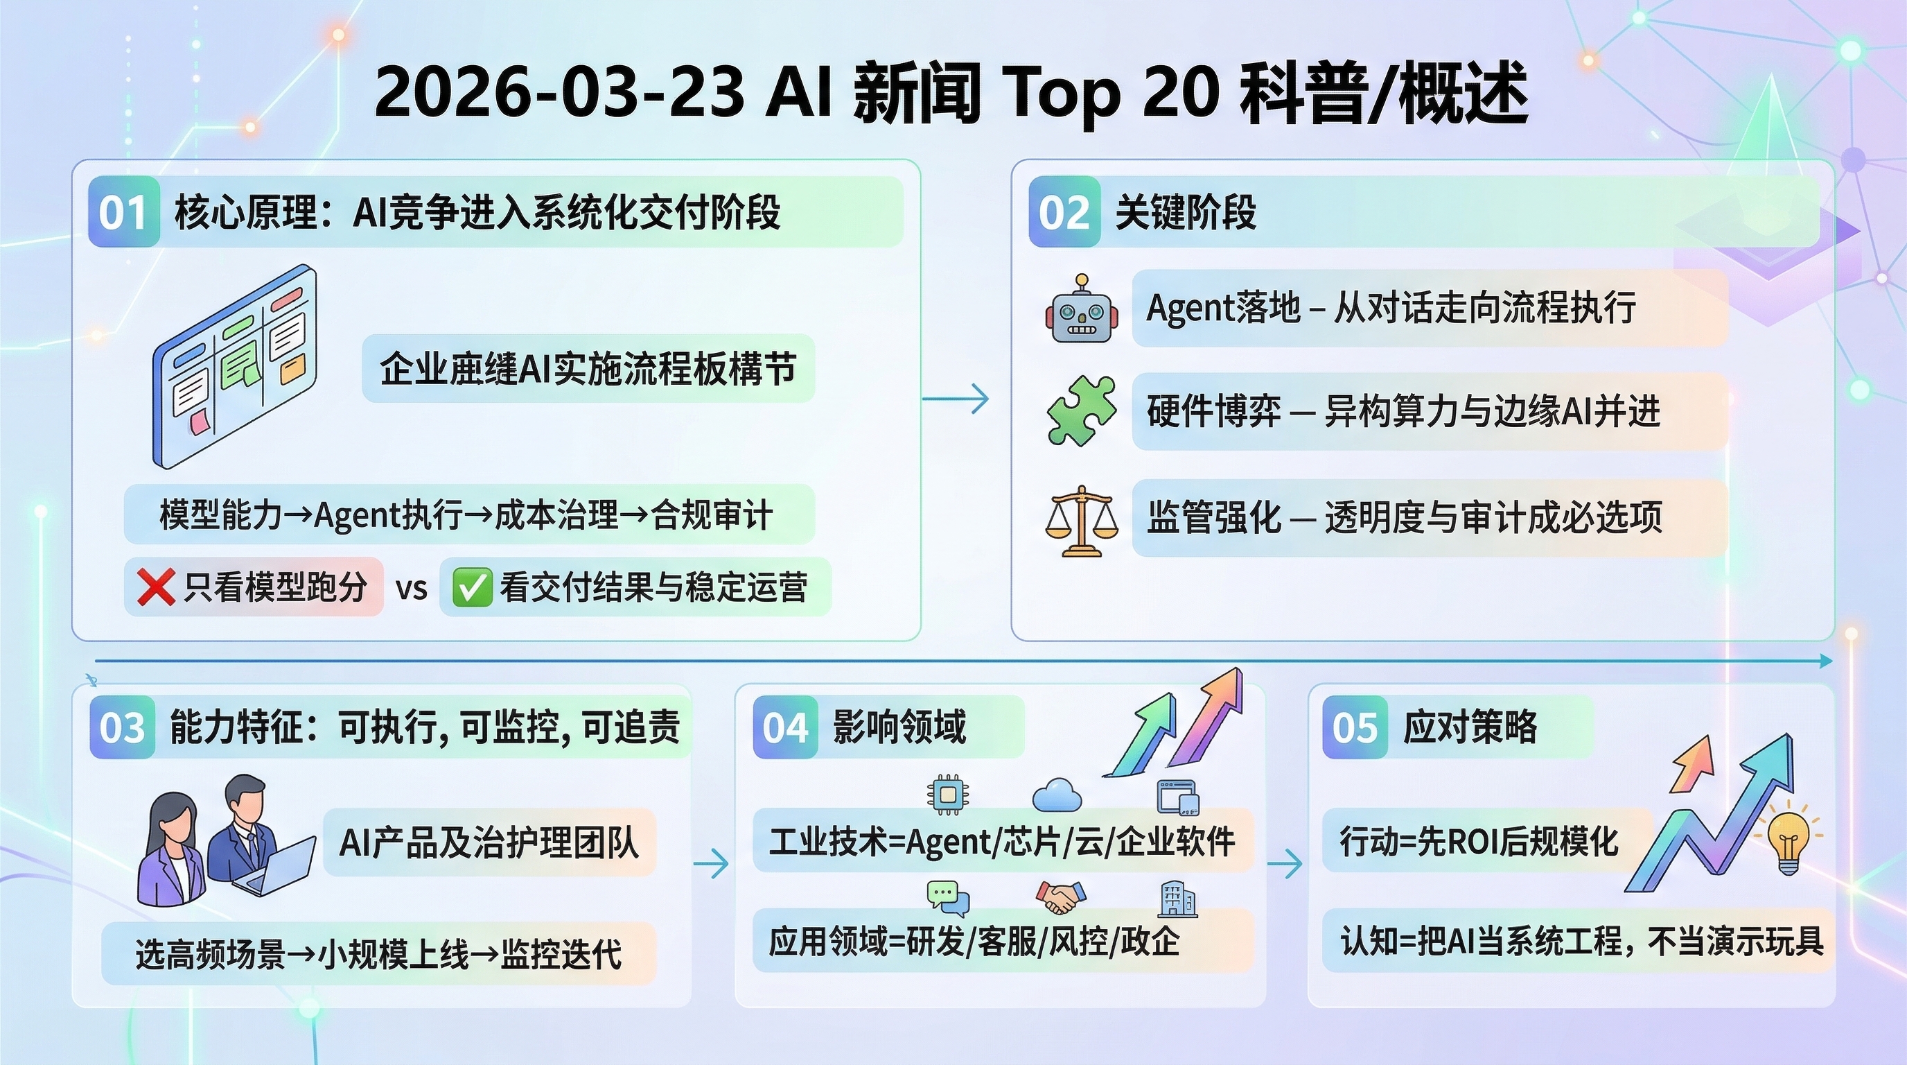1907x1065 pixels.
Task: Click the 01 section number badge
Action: point(123,213)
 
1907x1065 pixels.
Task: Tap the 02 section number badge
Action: point(1064,213)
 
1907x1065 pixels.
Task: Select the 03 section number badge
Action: point(123,727)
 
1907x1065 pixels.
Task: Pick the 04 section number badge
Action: point(785,727)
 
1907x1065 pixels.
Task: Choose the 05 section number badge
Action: point(1355,727)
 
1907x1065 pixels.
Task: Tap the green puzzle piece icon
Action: point(1082,410)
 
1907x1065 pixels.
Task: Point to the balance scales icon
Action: point(1082,521)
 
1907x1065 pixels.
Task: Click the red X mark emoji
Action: point(155,588)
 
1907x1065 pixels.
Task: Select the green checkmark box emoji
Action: point(472,588)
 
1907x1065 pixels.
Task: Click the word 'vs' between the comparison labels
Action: point(412,589)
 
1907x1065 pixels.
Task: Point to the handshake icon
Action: point(1060,897)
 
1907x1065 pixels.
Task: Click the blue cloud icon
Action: point(1057,795)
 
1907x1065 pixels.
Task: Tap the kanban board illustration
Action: point(235,366)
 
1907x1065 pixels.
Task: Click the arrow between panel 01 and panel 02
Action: point(956,399)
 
